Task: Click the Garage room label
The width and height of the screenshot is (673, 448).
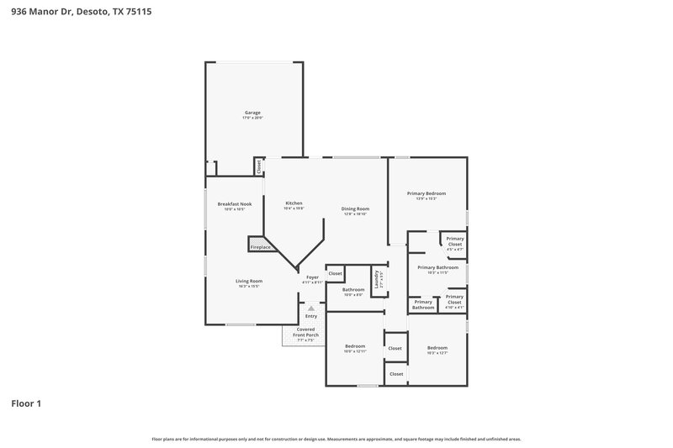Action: click(252, 113)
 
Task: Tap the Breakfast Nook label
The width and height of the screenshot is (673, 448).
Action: click(235, 204)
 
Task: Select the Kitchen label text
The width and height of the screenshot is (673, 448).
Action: click(294, 203)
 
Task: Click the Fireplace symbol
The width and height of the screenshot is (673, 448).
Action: click(260, 247)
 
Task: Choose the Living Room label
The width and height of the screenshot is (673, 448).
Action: click(248, 281)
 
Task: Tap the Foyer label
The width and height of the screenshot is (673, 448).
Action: click(312, 277)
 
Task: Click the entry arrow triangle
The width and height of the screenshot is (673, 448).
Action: click(310, 308)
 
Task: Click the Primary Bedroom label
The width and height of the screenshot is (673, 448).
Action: click(427, 193)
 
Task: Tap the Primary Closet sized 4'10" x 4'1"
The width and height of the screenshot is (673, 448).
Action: click(454, 299)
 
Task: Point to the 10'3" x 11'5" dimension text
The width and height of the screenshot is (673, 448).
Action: click(437, 273)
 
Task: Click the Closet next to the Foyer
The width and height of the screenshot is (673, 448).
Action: click(335, 273)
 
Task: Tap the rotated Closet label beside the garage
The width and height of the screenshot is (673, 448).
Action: click(259, 166)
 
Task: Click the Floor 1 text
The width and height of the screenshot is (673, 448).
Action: click(25, 403)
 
